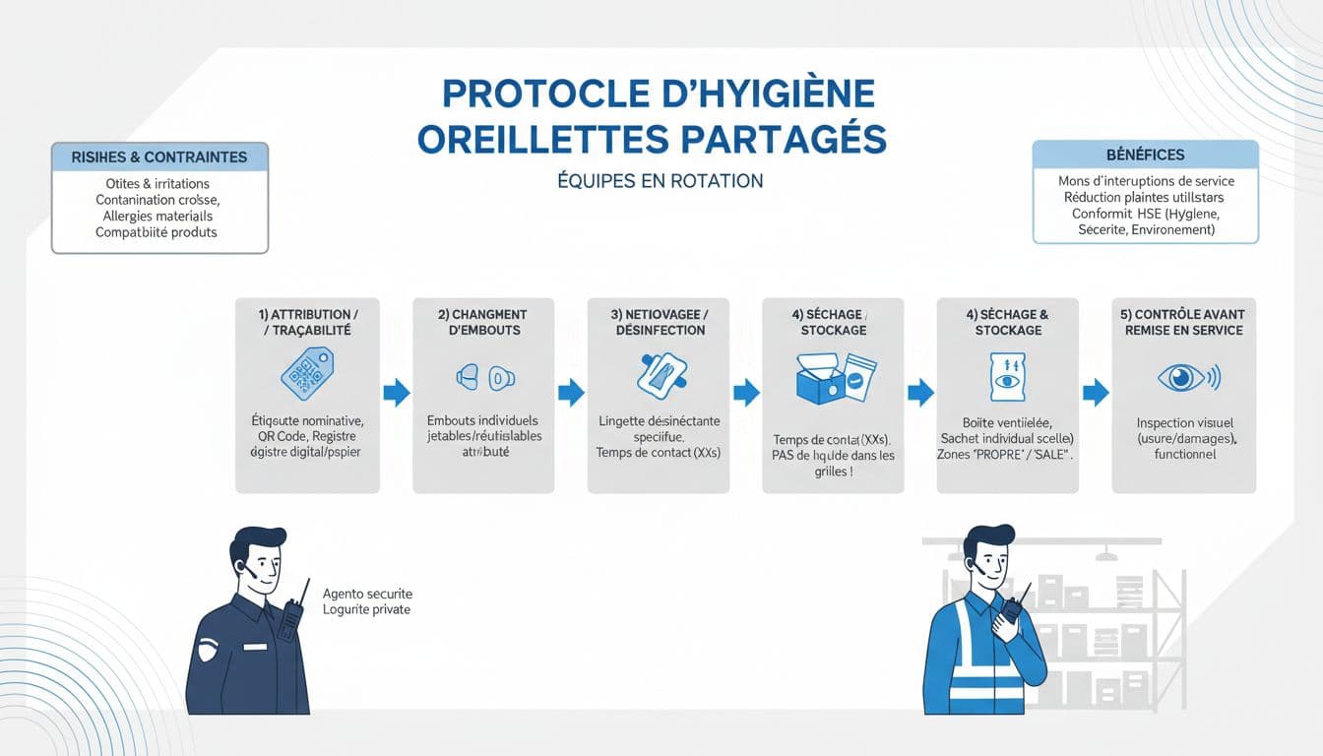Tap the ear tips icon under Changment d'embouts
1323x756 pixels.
click(485, 377)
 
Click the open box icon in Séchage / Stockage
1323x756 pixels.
click(834, 379)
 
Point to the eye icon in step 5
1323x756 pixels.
click(1185, 377)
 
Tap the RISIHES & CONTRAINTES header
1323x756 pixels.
click(158, 157)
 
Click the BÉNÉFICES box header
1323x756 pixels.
click(1145, 155)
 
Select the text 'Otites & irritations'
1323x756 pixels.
click(157, 184)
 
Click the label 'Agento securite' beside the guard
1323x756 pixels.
click(367, 594)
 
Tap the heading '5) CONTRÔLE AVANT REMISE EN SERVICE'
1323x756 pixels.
click(1184, 322)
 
